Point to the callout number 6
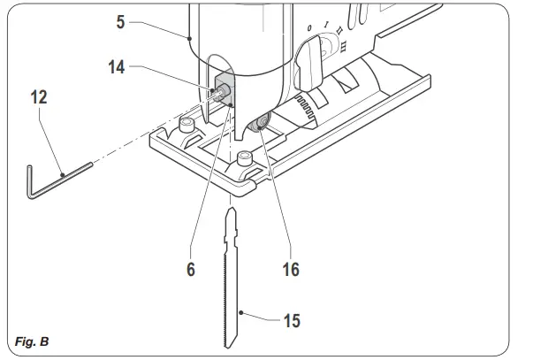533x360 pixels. pyautogui.click(x=189, y=270)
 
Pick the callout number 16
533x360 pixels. pyautogui.click(x=288, y=270)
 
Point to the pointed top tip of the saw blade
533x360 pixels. pyautogui.click(x=231, y=210)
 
